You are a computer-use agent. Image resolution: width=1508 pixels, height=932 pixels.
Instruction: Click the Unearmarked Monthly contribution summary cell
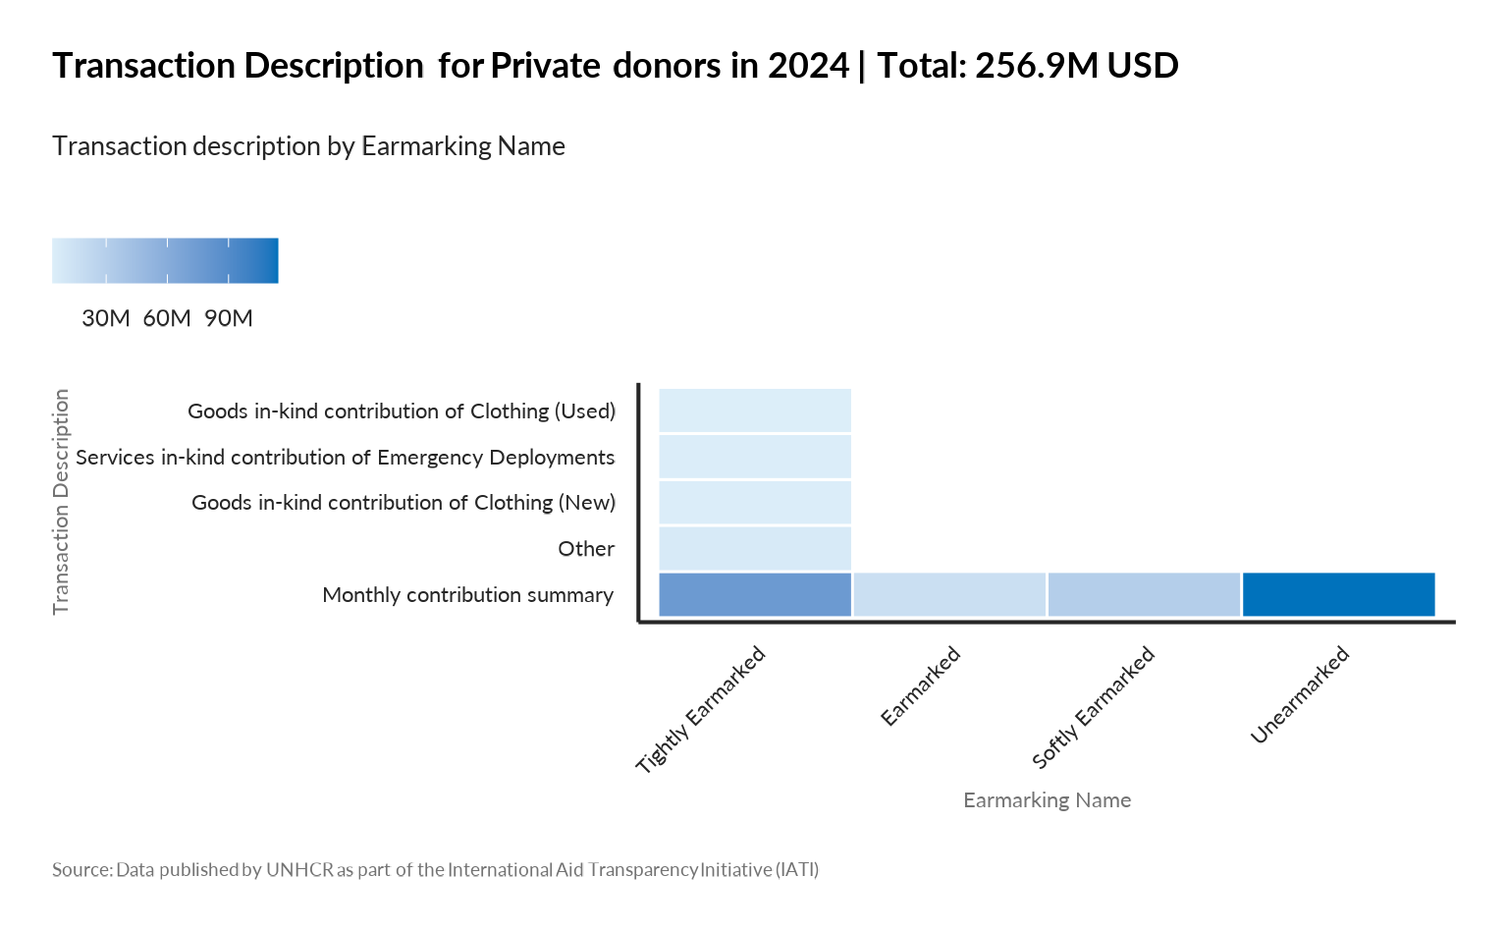tap(1338, 594)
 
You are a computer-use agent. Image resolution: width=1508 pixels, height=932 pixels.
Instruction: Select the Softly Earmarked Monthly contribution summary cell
tap(1144, 594)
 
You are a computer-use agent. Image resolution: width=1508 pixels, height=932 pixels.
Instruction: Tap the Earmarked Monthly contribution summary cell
tap(949, 594)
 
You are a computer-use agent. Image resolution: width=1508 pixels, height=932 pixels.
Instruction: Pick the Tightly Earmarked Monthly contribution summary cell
tap(754, 594)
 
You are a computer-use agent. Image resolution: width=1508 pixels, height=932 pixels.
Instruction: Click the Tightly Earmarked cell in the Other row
tap(754, 548)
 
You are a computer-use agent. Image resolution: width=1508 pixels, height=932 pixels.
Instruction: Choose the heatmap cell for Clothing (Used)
tap(754, 411)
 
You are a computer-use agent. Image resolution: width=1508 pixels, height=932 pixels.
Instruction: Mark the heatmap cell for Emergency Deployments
tap(754, 457)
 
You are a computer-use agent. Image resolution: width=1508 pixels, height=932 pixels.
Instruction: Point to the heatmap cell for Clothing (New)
tap(754, 502)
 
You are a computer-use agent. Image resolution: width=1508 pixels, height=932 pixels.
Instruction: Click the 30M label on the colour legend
tap(106, 318)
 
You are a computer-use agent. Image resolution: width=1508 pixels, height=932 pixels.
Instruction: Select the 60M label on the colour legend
tap(167, 318)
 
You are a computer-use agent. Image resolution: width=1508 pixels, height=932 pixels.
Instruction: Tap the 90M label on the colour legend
tap(229, 318)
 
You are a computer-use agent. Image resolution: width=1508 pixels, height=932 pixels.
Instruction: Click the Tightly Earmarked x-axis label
tap(701, 710)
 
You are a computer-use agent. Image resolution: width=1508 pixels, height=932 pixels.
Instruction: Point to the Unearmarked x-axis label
tap(1300, 695)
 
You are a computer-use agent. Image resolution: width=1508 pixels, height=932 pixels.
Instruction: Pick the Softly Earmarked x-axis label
tap(1094, 707)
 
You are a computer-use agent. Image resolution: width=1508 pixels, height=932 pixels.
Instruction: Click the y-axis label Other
tap(586, 549)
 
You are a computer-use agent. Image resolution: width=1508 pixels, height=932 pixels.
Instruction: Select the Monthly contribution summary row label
tap(467, 595)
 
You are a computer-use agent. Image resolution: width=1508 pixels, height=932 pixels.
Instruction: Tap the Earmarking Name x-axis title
tap(1047, 800)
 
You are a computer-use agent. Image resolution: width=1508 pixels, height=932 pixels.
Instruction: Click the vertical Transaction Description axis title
tap(62, 501)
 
